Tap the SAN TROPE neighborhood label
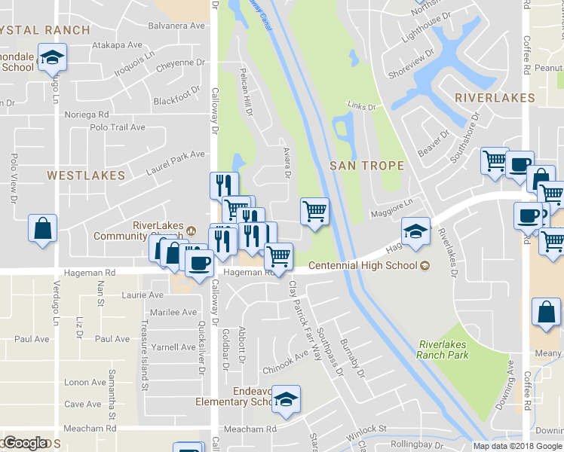[x=367, y=166]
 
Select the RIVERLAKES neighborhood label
[x=495, y=98]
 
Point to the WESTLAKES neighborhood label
[x=86, y=175]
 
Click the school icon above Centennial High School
[x=415, y=231]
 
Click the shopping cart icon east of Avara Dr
[x=314, y=211]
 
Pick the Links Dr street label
[x=361, y=107]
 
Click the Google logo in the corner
[x=25, y=443]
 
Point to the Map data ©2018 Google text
[x=517, y=446]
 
